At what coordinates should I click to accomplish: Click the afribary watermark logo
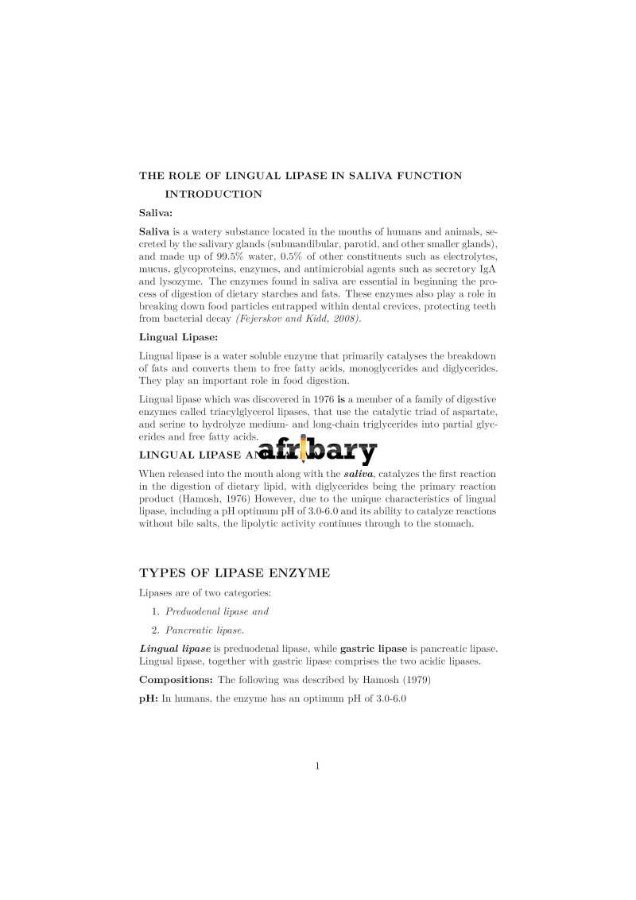[x=317, y=452]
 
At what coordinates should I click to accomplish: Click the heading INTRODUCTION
[x=213, y=194]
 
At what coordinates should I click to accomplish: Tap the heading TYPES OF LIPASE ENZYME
[x=235, y=572]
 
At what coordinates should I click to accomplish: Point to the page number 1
[x=317, y=766]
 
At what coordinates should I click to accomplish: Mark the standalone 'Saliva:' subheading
[x=156, y=213]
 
